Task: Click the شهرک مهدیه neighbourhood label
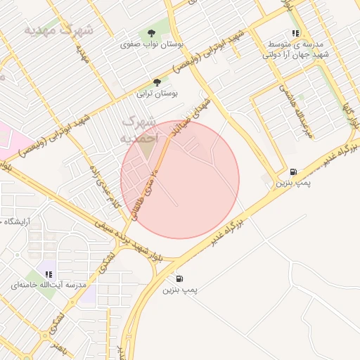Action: pos(58,30)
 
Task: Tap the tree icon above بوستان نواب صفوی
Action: pos(152,32)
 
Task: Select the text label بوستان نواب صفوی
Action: pos(152,44)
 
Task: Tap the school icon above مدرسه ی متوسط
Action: pos(295,33)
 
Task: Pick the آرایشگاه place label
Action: pos(20,221)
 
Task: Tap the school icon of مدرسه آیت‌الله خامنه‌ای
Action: pos(49,274)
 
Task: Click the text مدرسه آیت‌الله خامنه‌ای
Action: pos(49,285)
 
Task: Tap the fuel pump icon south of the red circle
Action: pos(181,278)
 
